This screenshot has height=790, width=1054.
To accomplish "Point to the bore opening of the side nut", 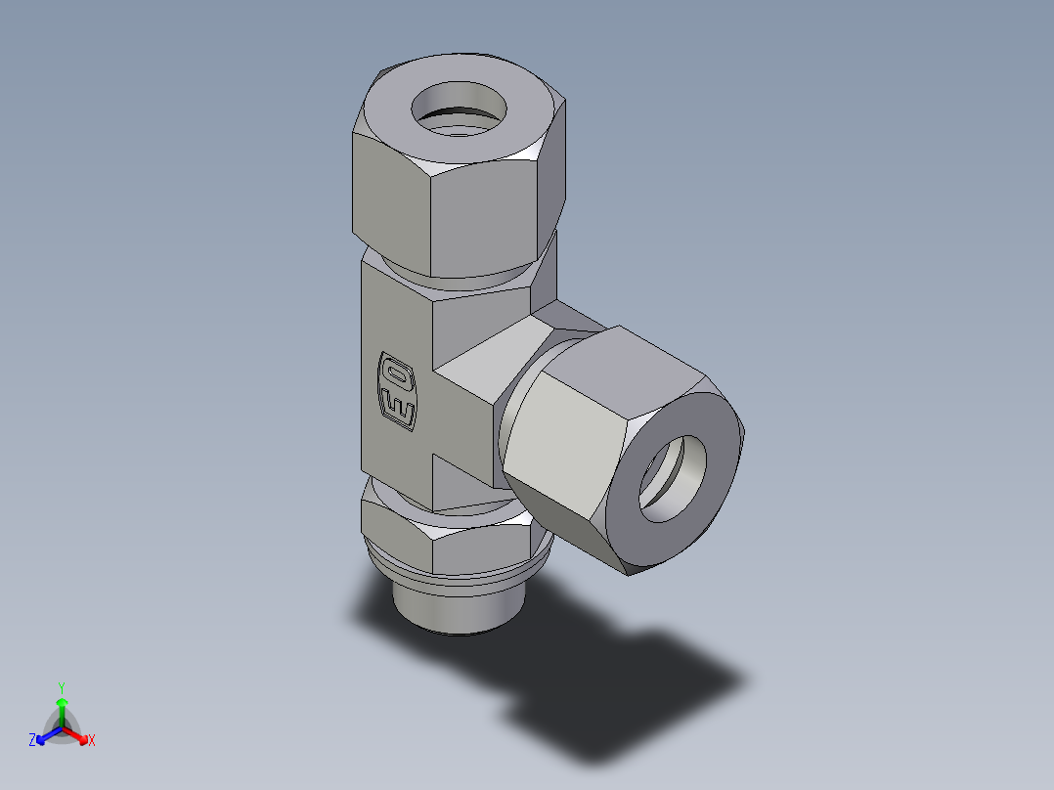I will [674, 478].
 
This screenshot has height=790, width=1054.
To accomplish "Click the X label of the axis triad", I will [91, 741].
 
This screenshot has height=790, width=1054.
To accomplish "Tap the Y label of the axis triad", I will [61, 687].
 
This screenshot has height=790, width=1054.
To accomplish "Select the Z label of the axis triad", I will [32, 741].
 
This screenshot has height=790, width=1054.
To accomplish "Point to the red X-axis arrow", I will [77, 734].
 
